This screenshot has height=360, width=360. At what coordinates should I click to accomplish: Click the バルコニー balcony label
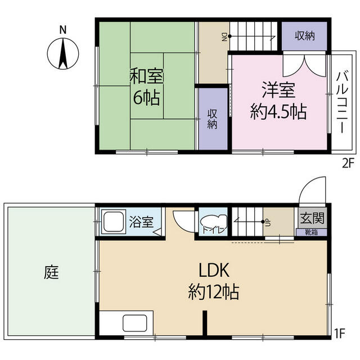(342, 101)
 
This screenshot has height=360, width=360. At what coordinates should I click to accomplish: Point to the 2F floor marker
(347, 164)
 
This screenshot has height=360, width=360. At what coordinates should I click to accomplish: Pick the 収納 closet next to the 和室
(213, 118)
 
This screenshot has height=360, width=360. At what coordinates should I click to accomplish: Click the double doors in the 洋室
(304, 66)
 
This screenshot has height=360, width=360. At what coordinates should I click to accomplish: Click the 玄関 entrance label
(307, 217)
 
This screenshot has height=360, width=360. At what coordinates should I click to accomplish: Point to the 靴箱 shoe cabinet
(307, 231)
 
